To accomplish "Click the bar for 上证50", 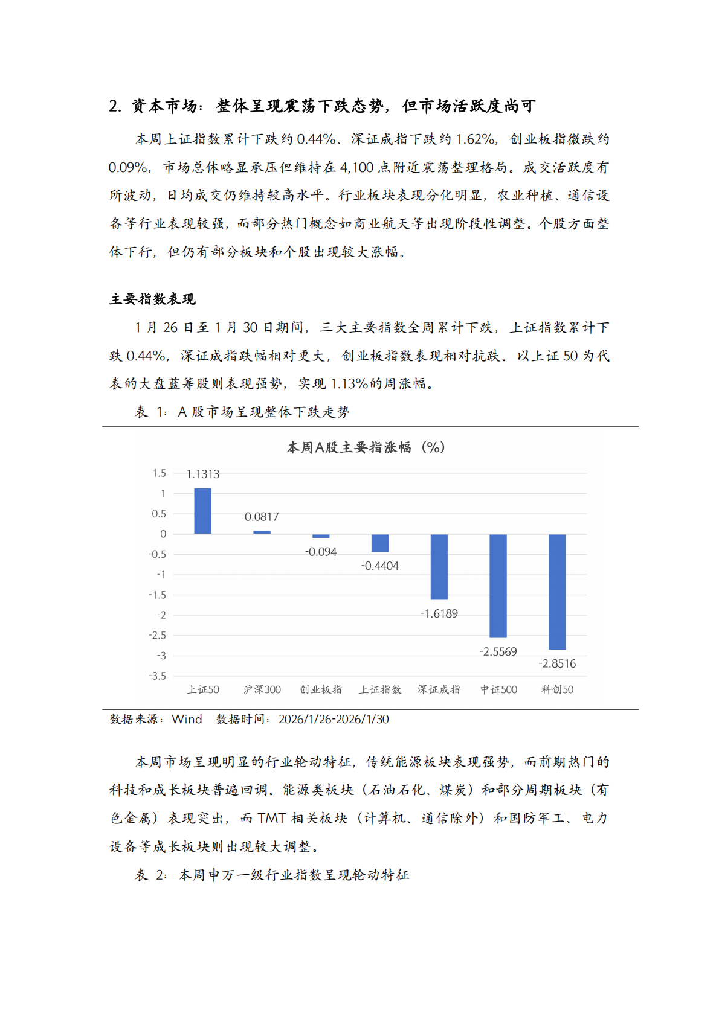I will click(x=202, y=511).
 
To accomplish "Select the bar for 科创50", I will click(x=557, y=592).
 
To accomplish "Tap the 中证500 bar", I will click(x=498, y=586).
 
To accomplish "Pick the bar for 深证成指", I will click(x=439, y=566).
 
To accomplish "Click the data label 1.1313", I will click(x=202, y=474).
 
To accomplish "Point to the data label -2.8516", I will click(x=557, y=663).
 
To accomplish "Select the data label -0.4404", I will click(x=380, y=566).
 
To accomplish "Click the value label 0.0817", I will click(x=262, y=517).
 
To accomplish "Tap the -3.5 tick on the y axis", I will click(x=158, y=676).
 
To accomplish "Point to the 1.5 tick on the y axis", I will click(x=159, y=473).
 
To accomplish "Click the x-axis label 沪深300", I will click(x=262, y=689).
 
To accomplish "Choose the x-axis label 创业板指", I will click(x=321, y=689).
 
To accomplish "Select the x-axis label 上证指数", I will click(x=380, y=689).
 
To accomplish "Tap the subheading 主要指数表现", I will click(x=152, y=299).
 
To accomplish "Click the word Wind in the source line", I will click(x=187, y=719).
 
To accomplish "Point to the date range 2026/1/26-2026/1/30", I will click(x=334, y=719).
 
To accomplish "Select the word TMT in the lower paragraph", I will click(x=271, y=818).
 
